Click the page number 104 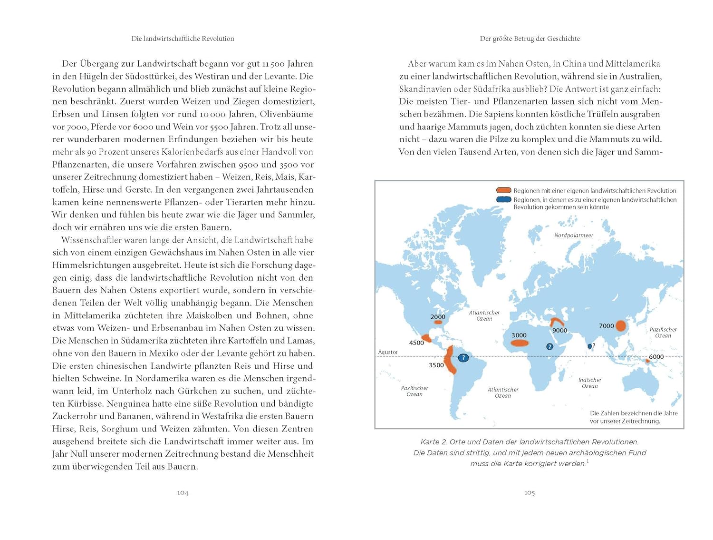point(183,492)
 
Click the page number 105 point(530,492)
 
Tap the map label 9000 point(559,330)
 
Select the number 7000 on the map point(606,326)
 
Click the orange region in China point(621,326)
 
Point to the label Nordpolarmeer point(574,235)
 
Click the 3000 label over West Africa point(519,335)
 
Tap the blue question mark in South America point(463,358)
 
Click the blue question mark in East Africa point(549,346)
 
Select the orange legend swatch point(503,190)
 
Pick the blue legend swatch point(503,199)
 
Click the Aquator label point(387,352)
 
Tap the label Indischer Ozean point(590,383)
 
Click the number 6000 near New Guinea point(656,356)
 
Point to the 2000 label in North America point(438,317)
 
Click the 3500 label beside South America point(436,365)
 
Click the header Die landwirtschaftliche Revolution point(183,39)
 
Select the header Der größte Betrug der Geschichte point(530,39)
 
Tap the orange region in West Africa point(520,343)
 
